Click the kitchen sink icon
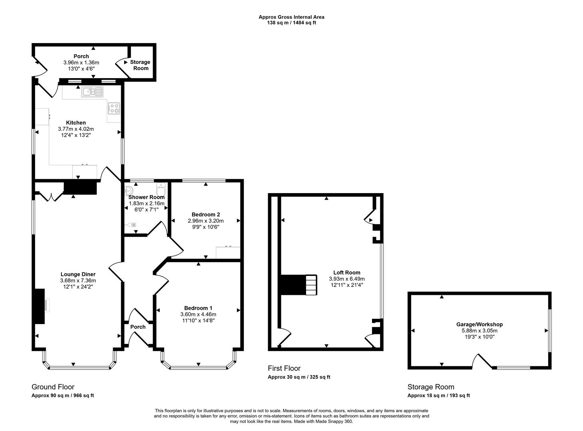coord(92,92)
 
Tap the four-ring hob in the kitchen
coord(114,108)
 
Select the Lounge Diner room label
coord(78,274)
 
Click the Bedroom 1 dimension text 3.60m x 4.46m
coord(198,314)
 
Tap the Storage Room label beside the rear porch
coord(140,65)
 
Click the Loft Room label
coord(347,273)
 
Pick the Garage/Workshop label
coord(480,324)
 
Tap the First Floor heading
coord(284,368)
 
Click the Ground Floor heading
coord(53,387)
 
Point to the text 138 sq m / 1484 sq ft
coord(292,23)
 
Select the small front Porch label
coord(138,327)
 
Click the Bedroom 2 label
coord(206,214)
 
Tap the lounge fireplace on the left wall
coord(40,306)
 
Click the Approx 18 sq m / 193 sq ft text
coord(439,395)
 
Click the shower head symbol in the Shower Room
coord(132,225)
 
